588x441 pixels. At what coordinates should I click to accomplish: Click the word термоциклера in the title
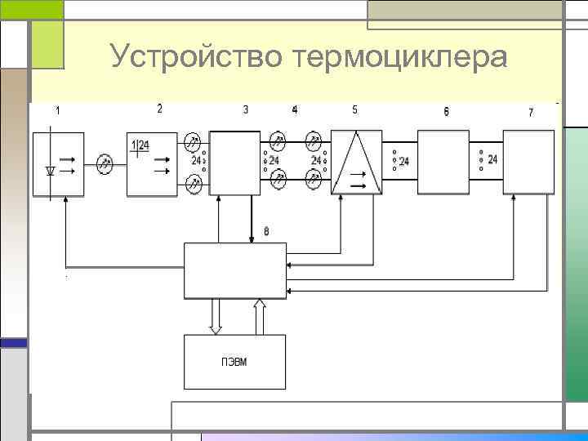(x=403, y=57)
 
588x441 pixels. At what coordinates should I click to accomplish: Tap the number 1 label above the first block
(x=57, y=110)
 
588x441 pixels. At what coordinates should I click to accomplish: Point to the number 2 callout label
(x=160, y=108)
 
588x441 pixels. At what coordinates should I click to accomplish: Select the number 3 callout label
(x=246, y=109)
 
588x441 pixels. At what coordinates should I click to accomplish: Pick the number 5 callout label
(x=354, y=109)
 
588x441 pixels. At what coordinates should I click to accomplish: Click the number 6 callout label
(x=446, y=111)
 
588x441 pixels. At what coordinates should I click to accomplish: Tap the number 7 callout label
(x=531, y=112)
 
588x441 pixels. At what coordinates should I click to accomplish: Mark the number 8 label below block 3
(x=265, y=233)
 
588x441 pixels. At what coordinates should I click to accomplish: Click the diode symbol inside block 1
(x=51, y=171)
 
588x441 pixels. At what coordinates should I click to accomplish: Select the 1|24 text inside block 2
(x=140, y=145)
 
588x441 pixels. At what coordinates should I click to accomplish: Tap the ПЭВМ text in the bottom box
(x=234, y=362)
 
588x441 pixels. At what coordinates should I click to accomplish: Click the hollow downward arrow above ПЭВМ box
(x=216, y=317)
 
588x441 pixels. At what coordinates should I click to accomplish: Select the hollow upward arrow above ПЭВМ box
(x=260, y=317)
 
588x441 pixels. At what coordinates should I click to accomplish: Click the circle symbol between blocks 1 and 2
(x=104, y=164)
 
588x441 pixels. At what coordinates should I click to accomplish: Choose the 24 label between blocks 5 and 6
(x=403, y=162)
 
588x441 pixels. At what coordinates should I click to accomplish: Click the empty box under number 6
(x=446, y=162)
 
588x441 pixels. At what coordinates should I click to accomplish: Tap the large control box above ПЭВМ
(x=234, y=270)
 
